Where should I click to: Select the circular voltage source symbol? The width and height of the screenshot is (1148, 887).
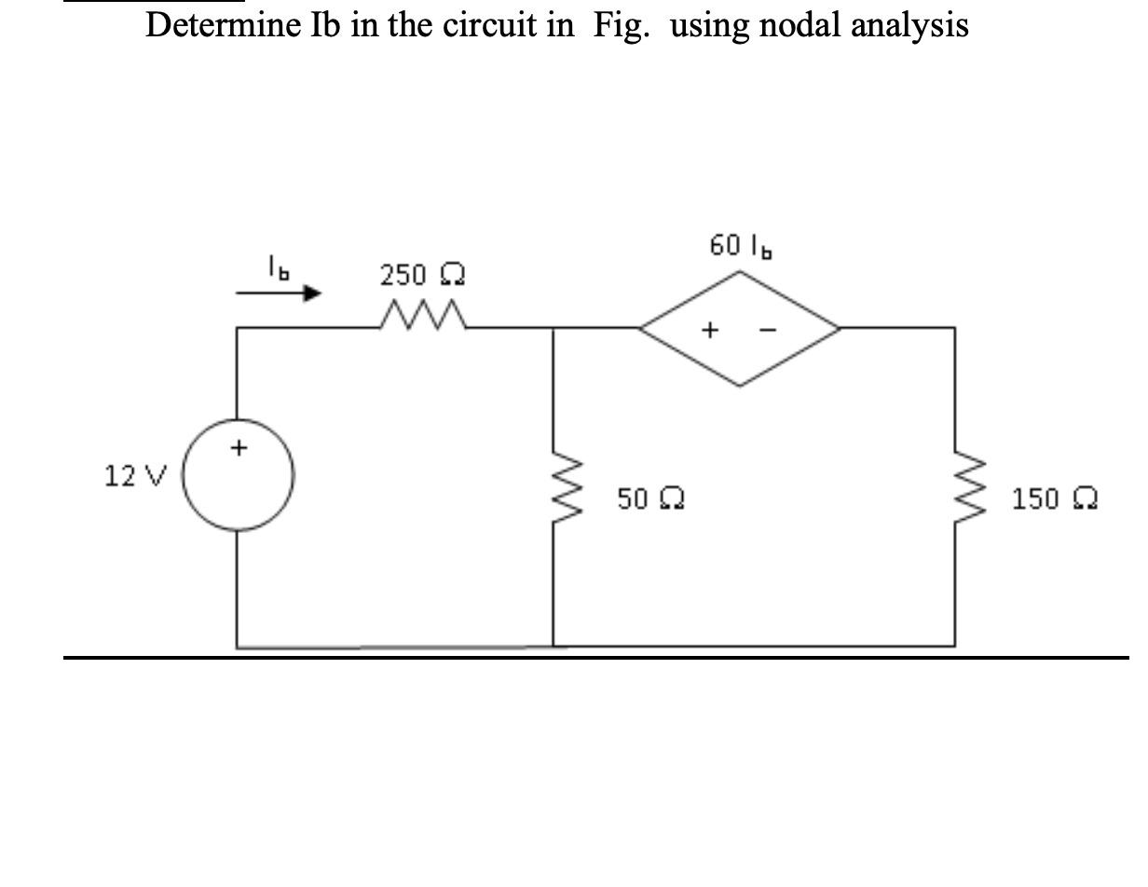click(238, 475)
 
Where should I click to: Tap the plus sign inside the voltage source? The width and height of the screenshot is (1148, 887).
click(239, 449)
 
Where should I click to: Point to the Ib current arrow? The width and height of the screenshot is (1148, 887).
click(279, 293)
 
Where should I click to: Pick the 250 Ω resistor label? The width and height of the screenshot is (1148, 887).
click(422, 276)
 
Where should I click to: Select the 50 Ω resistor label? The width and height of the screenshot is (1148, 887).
click(650, 498)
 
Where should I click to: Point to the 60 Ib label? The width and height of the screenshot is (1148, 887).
click(743, 247)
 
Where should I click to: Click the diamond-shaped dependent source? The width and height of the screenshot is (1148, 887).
click(740, 328)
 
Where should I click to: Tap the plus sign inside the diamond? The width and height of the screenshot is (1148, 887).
click(710, 329)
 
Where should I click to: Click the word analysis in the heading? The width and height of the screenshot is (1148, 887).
click(908, 25)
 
